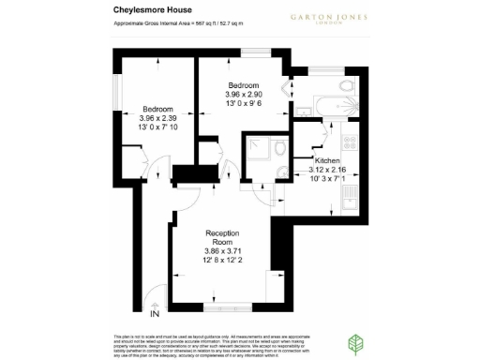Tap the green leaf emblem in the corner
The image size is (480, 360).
coord(357,341)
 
